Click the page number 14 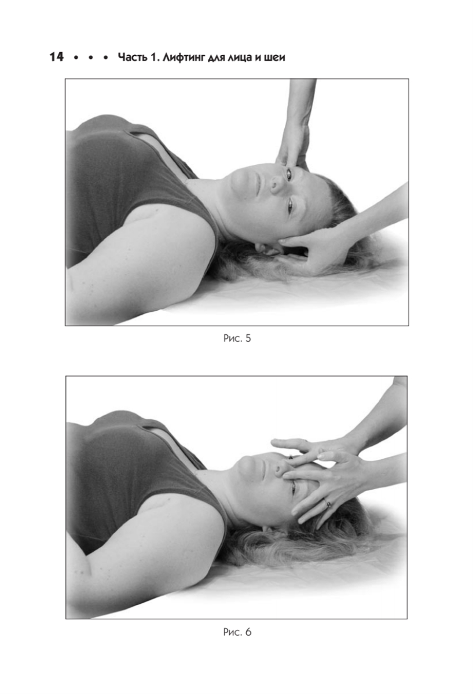[57, 57]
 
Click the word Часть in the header [132, 57]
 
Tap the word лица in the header [240, 58]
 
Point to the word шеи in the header [274, 58]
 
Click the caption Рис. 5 [237, 338]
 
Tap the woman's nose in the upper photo [276, 185]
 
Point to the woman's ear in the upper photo [267, 249]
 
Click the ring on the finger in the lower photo [328, 504]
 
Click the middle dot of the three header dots [90, 58]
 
